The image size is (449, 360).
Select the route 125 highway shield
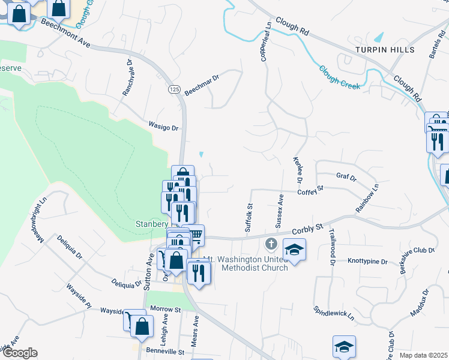174,89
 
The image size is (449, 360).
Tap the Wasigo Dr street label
164,127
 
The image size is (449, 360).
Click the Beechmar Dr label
202,85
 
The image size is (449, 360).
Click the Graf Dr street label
346,177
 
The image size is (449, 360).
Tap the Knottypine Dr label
368,262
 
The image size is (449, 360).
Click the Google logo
19,353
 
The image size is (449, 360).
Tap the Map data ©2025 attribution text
423,355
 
